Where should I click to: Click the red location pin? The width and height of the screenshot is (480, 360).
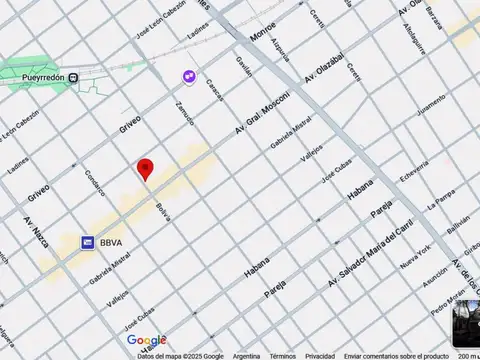click(146, 169)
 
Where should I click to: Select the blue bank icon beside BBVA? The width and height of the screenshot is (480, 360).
click(88, 242)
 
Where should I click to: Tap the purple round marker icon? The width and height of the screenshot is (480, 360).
click(188, 76)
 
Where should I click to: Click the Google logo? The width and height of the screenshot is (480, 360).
click(147, 341)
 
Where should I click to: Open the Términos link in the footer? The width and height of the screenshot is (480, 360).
click(282, 355)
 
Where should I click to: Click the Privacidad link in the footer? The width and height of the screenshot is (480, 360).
click(320, 355)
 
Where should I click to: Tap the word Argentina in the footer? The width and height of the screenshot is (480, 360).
click(246, 355)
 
